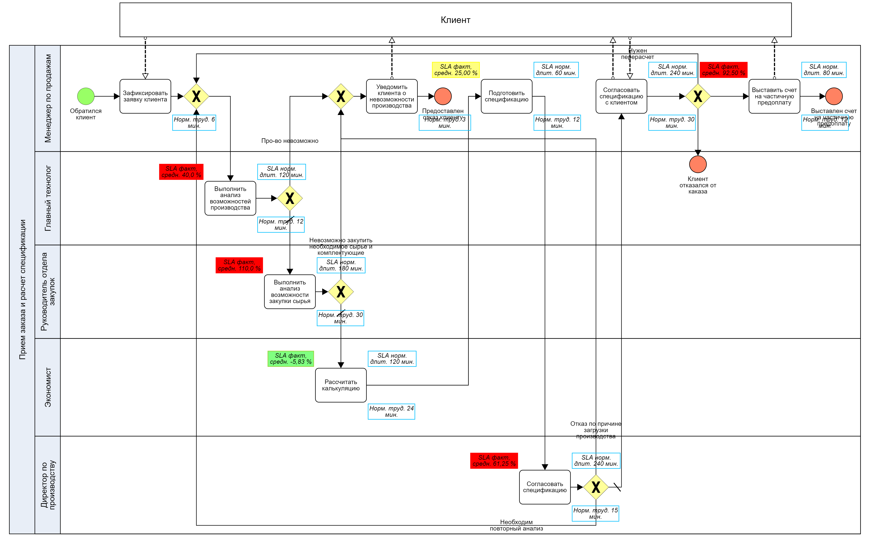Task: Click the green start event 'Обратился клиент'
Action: point(86,96)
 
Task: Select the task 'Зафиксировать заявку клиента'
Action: point(145,96)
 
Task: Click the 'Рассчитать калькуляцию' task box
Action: point(341,385)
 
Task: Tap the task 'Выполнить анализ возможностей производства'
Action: point(230,198)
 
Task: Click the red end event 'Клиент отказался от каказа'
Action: point(698,164)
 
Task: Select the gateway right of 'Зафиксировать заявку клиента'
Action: point(196,96)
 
